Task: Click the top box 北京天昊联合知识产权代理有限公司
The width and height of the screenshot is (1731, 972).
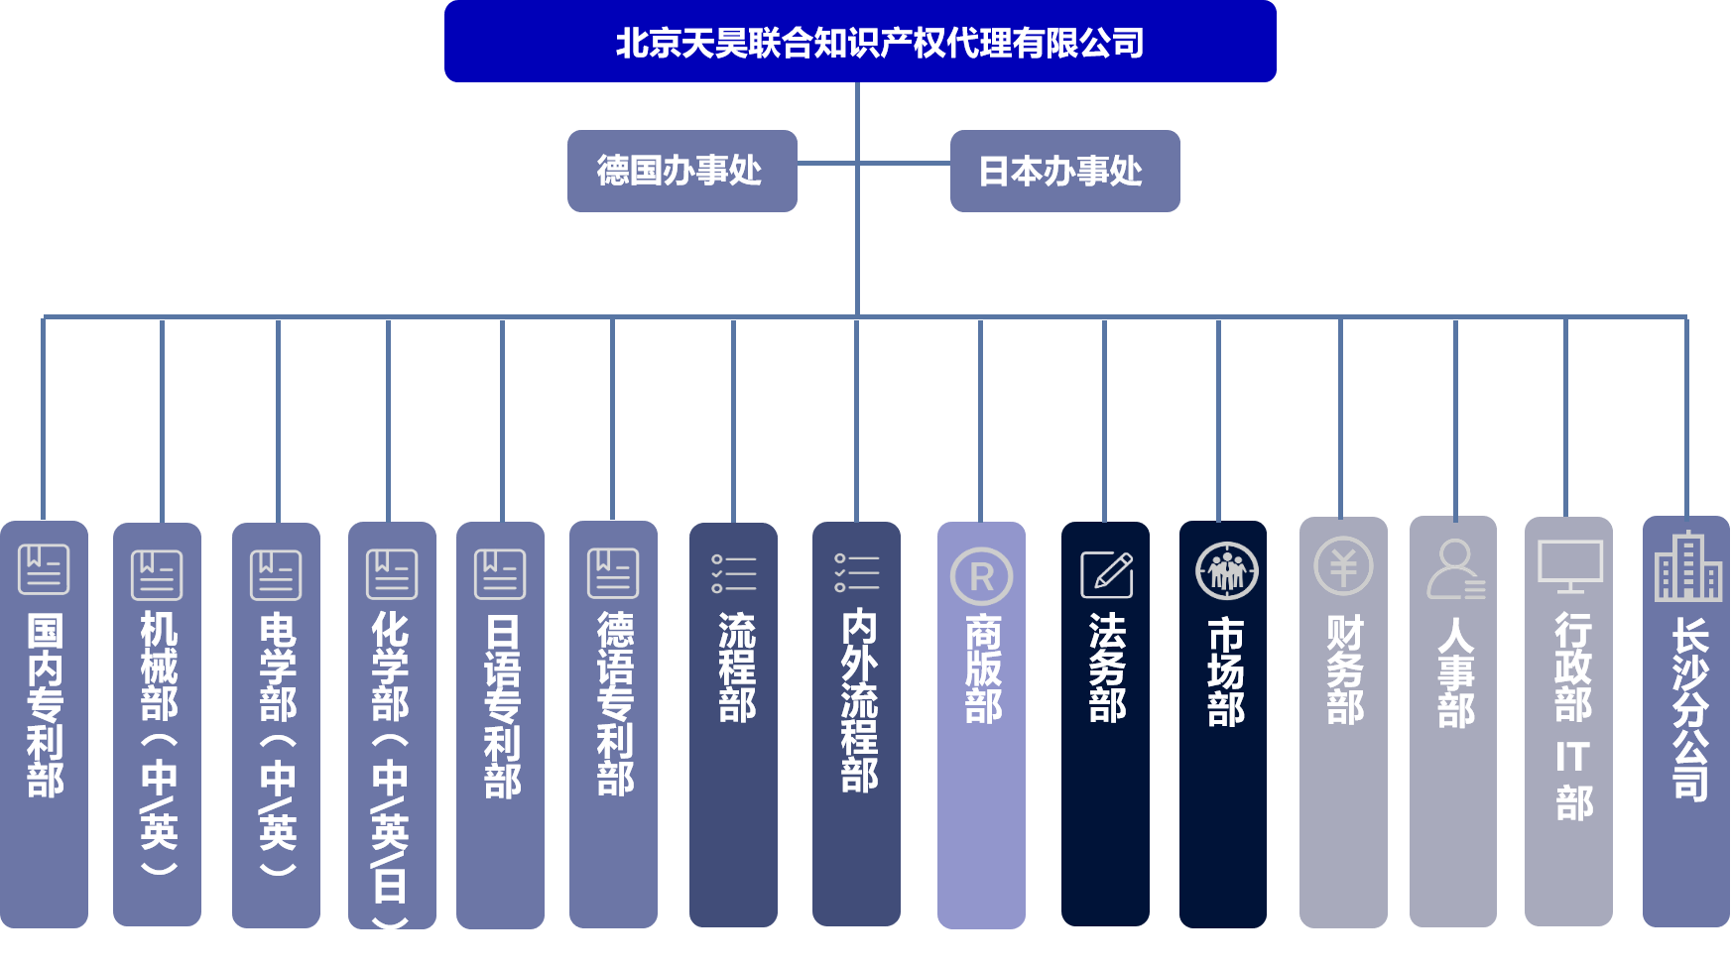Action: click(860, 42)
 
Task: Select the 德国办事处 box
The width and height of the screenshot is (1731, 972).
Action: click(681, 171)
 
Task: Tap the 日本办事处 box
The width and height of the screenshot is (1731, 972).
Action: click(1064, 171)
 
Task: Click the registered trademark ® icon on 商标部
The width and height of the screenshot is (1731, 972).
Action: click(981, 576)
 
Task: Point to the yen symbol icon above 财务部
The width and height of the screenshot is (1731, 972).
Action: click(1343, 566)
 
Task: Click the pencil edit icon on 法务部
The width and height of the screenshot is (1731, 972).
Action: click(1106, 574)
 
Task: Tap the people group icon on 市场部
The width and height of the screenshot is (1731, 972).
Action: click(1227, 570)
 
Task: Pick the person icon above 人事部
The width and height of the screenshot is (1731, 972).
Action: click(1455, 569)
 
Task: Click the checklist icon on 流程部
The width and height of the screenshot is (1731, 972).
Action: click(733, 573)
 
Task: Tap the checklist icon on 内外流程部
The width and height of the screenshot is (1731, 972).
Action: click(856, 572)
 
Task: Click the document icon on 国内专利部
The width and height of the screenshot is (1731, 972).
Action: click(44, 569)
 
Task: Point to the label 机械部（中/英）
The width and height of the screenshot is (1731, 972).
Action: click(159, 743)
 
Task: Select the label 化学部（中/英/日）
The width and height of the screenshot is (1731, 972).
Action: click(390, 769)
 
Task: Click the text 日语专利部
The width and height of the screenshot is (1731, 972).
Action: click(502, 706)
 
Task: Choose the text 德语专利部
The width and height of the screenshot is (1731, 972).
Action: click(615, 703)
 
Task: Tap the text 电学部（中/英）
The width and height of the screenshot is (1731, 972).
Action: click(278, 744)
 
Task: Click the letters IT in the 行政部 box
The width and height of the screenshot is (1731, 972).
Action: click(1571, 757)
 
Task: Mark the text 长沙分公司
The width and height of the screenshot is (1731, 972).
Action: click(1690, 708)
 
